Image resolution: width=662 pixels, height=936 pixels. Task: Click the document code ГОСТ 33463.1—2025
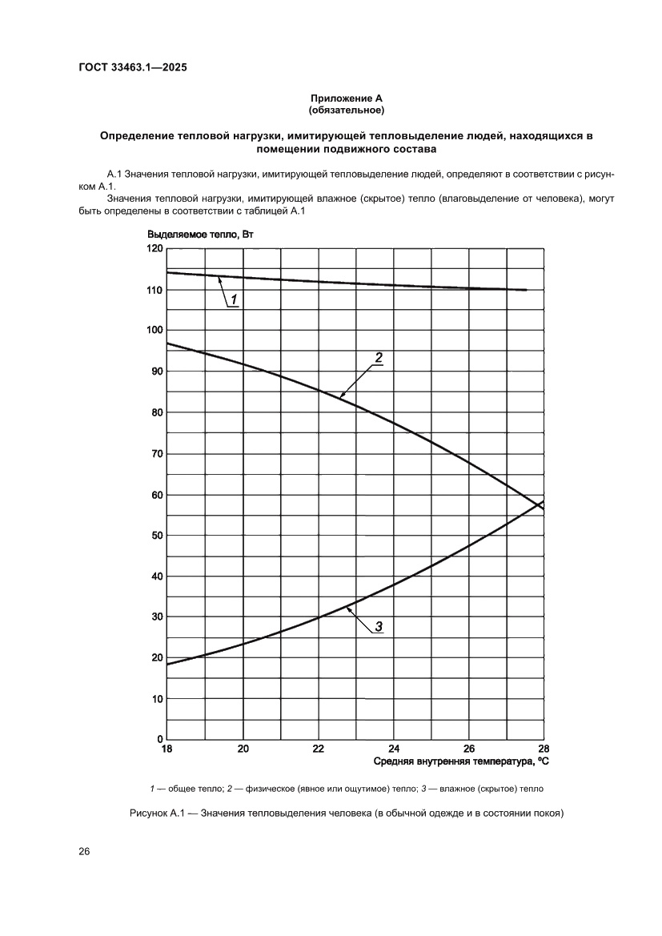pyautogui.click(x=133, y=67)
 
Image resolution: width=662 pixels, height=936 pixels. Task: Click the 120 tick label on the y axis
pyautogui.click(x=154, y=249)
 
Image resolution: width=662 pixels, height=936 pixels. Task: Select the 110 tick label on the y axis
pyautogui.click(x=154, y=290)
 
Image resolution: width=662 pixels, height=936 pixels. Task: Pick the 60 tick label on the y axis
pyautogui.click(x=156, y=495)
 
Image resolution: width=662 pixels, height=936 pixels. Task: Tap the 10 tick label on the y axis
pyautogui.click(x=156, y=699)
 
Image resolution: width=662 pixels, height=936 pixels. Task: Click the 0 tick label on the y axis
pyautogui.click(x=159, y=739)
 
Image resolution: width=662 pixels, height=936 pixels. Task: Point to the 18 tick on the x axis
pyautogui.click(x=167, y=749)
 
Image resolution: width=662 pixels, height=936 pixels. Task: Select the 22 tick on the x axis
pyautogui.click(x=318, y=749)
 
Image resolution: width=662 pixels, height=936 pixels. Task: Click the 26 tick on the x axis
pyautogui.click(x=469, y=749)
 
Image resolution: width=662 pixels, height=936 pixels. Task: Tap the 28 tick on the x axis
pyautogui.click(x=544, y=749)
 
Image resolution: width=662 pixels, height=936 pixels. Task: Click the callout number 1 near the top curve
pyautogui.click(x=235, y=299)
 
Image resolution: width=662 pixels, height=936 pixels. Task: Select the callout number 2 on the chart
pyautogui.click(x=379, y=357)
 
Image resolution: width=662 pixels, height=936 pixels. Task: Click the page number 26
pyautogui.click(x=84, y=851)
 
